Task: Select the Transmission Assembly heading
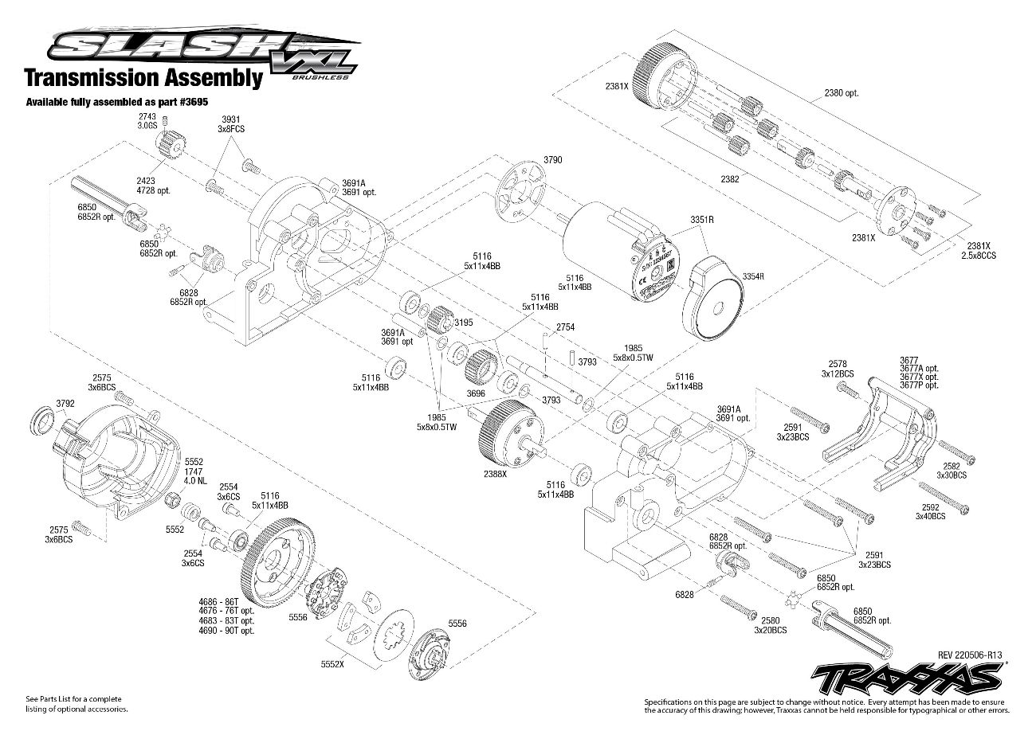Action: point(143,78)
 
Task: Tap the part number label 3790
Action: point(552,160)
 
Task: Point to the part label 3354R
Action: point(753,276)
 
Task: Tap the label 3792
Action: point(65,403)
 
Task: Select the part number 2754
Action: point(566,327)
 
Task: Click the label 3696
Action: point(475,393)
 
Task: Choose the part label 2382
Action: point(728,179)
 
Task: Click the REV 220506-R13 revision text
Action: point(969,655)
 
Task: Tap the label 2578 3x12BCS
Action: point(838,368)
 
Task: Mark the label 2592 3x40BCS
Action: point(930,510)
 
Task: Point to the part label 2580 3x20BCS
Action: point(769,625)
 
